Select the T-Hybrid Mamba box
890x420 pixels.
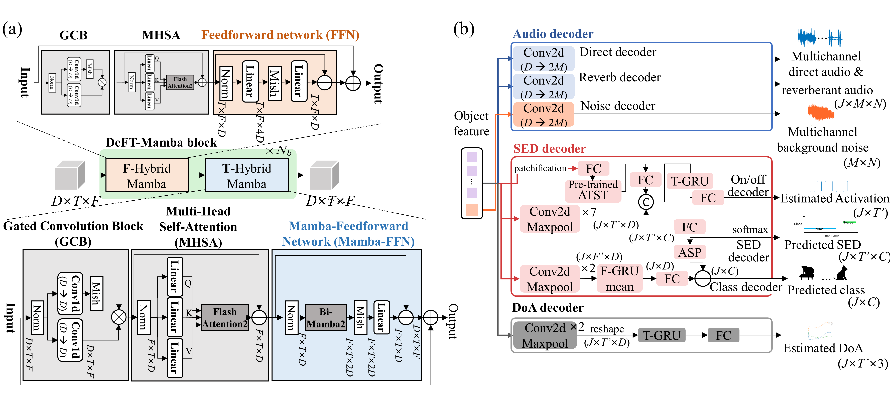point(247,175)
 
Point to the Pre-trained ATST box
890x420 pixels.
point(593,190)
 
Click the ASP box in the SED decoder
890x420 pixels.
point(690,252)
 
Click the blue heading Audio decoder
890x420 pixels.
point(553,34)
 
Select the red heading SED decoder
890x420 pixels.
point(549,149)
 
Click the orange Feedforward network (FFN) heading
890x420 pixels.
point(280,35)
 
